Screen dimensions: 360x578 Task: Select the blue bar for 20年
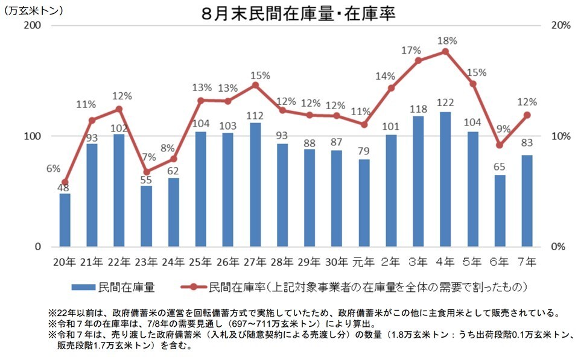65,220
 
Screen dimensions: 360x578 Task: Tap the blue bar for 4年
445,180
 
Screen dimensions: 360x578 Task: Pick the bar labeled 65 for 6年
500,211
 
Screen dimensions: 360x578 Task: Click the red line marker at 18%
445,52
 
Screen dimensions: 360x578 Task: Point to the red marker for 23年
146,172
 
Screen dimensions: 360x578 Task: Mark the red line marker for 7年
527,115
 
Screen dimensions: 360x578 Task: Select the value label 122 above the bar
445,103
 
